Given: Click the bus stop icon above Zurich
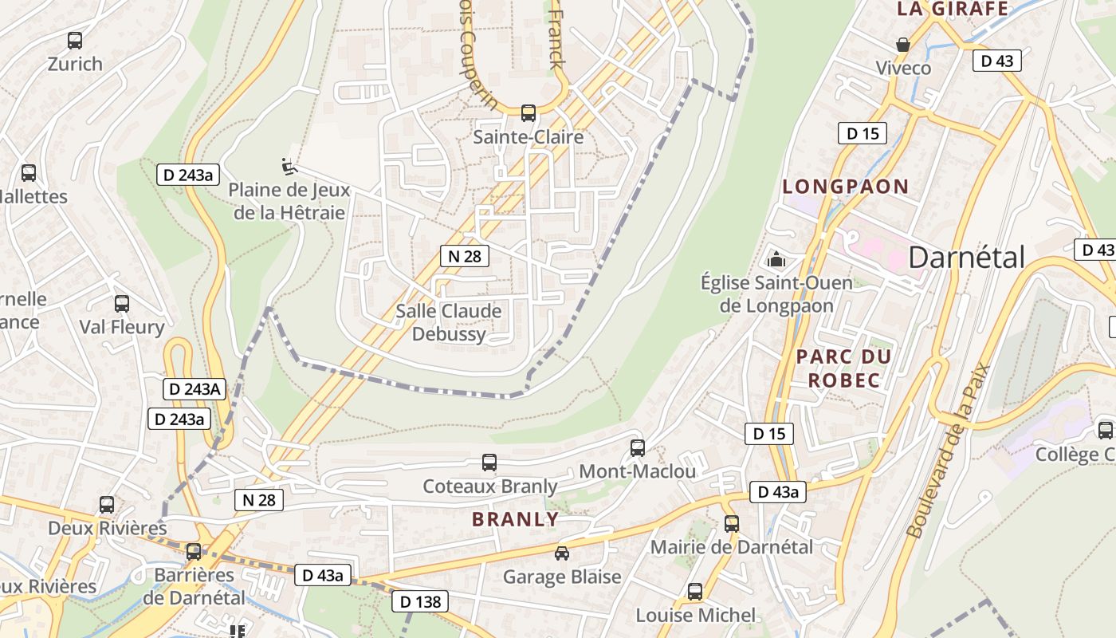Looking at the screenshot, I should click(75, 40).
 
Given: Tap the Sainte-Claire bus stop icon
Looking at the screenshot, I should click(528, 113).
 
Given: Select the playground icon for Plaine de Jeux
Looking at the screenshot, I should click(289, 167).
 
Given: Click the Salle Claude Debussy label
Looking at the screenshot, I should click(449, 322).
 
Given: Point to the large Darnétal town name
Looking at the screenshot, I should click(966, 258).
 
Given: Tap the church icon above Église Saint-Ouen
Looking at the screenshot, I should click(776, 258).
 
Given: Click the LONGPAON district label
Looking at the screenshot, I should click(845, 187).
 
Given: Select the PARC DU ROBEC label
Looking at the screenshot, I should click(844, 368).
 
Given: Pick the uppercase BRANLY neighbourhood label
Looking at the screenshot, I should click(515, 519).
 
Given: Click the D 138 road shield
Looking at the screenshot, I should click(420, 601).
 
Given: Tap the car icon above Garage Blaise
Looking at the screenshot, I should click(562, 553).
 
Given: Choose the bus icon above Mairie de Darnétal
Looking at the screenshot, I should click(732, 524).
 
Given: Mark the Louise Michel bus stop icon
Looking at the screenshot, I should click(695, 592).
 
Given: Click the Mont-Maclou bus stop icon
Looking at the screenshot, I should click(637, 447).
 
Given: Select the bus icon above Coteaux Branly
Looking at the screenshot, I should click(489, 463).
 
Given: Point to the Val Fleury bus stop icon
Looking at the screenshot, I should click(122, 304).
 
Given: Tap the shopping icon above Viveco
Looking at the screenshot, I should click(903, 45).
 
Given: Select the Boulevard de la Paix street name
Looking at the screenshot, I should click(948, 451).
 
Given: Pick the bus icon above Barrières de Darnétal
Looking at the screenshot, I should click(194, 552).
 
